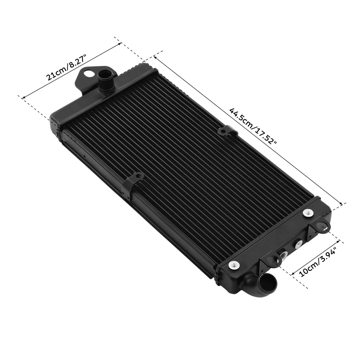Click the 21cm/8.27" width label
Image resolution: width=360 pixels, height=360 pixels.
[x=67, y=68]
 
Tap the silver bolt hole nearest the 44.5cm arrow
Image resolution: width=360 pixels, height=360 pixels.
[x=308, y=213]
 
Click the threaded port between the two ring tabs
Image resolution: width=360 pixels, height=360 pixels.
[x=283, y=256]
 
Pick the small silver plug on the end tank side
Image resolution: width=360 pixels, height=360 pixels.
[x=298, y=244]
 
